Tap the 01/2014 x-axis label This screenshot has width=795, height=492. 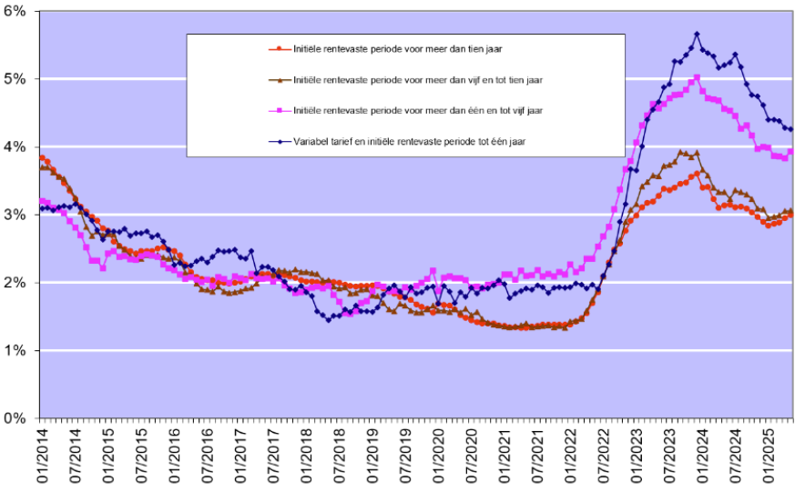tap(42, 455)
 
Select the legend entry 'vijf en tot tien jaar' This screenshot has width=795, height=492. tap(419, 80)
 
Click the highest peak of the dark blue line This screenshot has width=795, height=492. tap(697, 34)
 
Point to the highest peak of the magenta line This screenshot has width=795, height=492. tap(697, 78)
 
